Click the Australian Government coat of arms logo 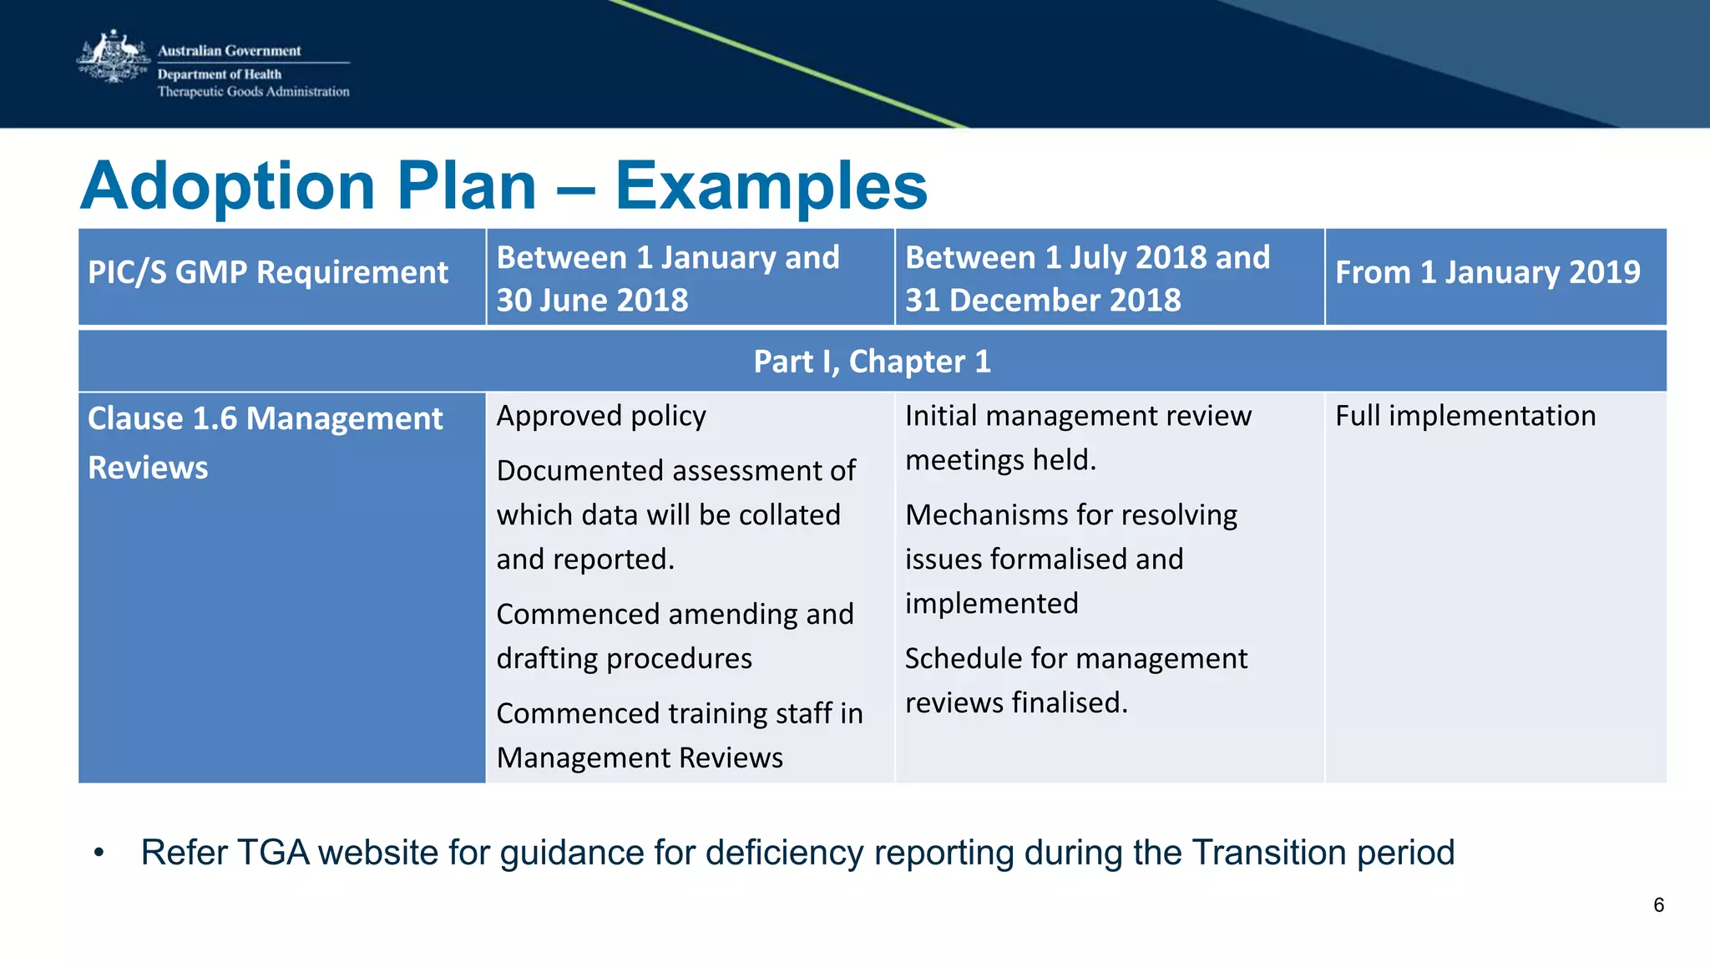pyautogui.click(x=113, y=57)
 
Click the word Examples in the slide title pyautogui.click(x=771, y=185)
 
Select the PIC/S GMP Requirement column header pyautogui.click(x=268, y=272)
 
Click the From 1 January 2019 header pyautogui.click(x=1487, y=272)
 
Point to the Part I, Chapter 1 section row pyautogui.click(x=872, y=362)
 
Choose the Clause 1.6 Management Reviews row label pyautogui.click(x=265, y=443)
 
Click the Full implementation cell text pyautogui.click(x=1465, y=416)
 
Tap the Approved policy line pyautogui.click(x=601, y=416)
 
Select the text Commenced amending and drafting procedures pyautogui.click(x=675, y=636)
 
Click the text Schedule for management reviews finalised pyautogui.click(x=1075, y=680)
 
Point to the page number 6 pyautogui.click(x=1658, y=905)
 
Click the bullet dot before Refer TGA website pyautogui.click(x=99, y=853)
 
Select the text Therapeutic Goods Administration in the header pyautogui.click(x=254, y=92)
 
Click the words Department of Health pyautogui.click(x=220, y=74)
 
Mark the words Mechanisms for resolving pyautogui.click(x=1070, y=515)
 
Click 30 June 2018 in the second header pyautogui.click(x=592, y=300)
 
